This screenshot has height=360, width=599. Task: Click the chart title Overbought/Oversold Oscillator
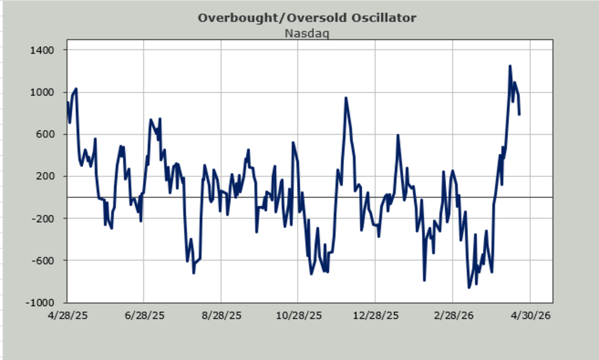click(307, 18)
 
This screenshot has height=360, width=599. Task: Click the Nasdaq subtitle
click(307, 34)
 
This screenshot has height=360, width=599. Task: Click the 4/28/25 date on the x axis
click(67, 316)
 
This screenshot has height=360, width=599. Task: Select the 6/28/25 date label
click(144, 316)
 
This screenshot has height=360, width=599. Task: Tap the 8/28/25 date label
click(221, 316)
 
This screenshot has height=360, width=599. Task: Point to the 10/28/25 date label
click(298, 316)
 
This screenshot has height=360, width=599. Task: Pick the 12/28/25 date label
click(375, 316)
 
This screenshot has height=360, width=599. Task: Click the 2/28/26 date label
click(452, 316)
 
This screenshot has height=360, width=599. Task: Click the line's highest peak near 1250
click(510, 66)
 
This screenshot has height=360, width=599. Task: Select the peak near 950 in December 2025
click(346, 98)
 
